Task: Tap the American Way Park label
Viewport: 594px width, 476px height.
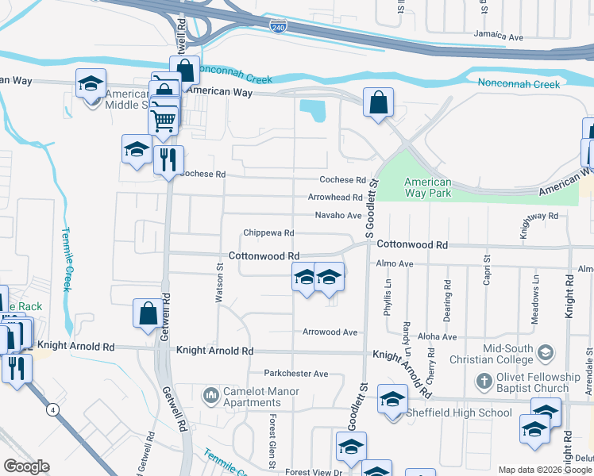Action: point(427,187)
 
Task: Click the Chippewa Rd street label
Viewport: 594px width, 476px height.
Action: point(269,233)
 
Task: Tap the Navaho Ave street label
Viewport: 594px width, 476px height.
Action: point(338,215)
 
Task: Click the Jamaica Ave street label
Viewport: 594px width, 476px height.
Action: point(499,37)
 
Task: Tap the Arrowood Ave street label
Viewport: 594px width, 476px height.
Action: point(330,332)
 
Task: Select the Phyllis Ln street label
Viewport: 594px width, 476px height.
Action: point(388,298)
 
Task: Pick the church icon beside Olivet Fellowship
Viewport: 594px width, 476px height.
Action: point(484,382)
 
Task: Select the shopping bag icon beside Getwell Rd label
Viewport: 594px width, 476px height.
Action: point(148,313)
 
